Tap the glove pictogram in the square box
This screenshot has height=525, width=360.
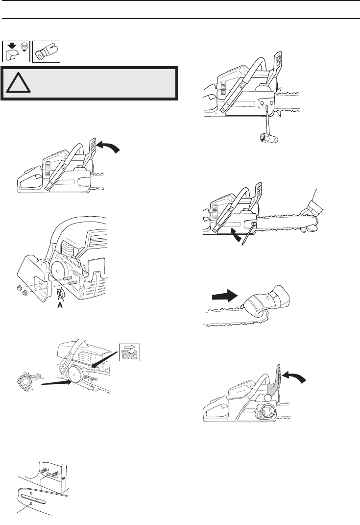coord(46,50)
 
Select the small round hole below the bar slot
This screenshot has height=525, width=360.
coord(30,503)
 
